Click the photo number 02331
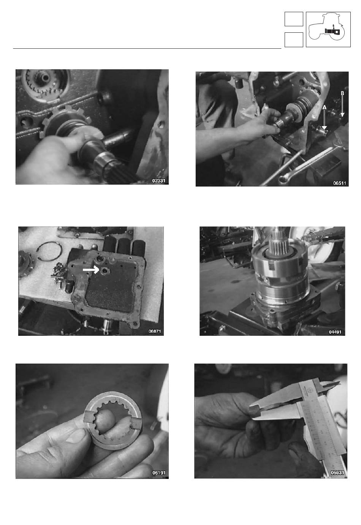coord(158,181)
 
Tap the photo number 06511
coord(339,183)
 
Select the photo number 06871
coord(155,331)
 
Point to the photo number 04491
coord(335,332)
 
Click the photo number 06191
coord(159,473)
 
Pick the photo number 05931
coord(337,472)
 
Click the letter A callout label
coord(324,107)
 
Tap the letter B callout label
coord(342,93)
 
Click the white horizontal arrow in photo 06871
coord(91,270)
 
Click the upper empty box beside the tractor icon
coord(294,19)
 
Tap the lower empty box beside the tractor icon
coord(294,40)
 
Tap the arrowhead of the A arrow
coord(324,128)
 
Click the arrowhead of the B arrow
coord(342,115)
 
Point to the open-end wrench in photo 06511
coord(304,164)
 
